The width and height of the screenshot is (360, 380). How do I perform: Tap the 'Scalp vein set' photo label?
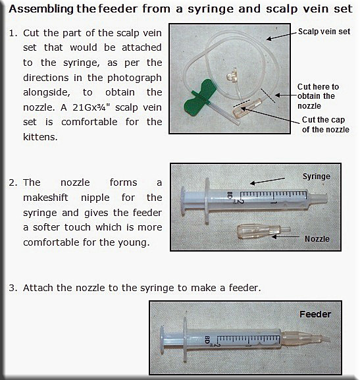(x=324, y=32)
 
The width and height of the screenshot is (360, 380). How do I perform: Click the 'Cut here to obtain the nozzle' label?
(x=318, y=96)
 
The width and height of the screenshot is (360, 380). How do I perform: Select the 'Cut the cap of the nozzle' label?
(x=325, y=124)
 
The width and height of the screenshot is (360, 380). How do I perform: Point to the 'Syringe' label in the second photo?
(x=316, y=176)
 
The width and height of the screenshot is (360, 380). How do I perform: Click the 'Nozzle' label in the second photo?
(x=317, y=239)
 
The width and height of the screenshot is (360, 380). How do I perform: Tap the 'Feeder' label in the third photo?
(x=315, y=314)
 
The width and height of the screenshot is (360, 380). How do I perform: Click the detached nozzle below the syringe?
(x=263, y=232)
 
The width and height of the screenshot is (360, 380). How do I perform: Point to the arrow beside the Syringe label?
(x=267, y=181)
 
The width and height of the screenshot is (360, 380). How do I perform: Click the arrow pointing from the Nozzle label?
(x=286, y=237)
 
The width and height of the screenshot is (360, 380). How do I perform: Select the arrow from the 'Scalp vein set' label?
(x=282, y=36)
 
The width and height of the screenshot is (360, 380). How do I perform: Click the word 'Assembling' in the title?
(x=41, y=9)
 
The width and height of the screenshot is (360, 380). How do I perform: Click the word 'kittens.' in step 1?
(x=40, y=137)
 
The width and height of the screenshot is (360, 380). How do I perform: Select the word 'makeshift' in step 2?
(x=45, y=198)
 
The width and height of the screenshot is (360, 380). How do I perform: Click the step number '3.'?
(x=13, y=288)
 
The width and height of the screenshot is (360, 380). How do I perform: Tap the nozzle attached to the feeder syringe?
(x=305, y=338)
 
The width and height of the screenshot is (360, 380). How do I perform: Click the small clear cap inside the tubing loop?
(x=232, y=75)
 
